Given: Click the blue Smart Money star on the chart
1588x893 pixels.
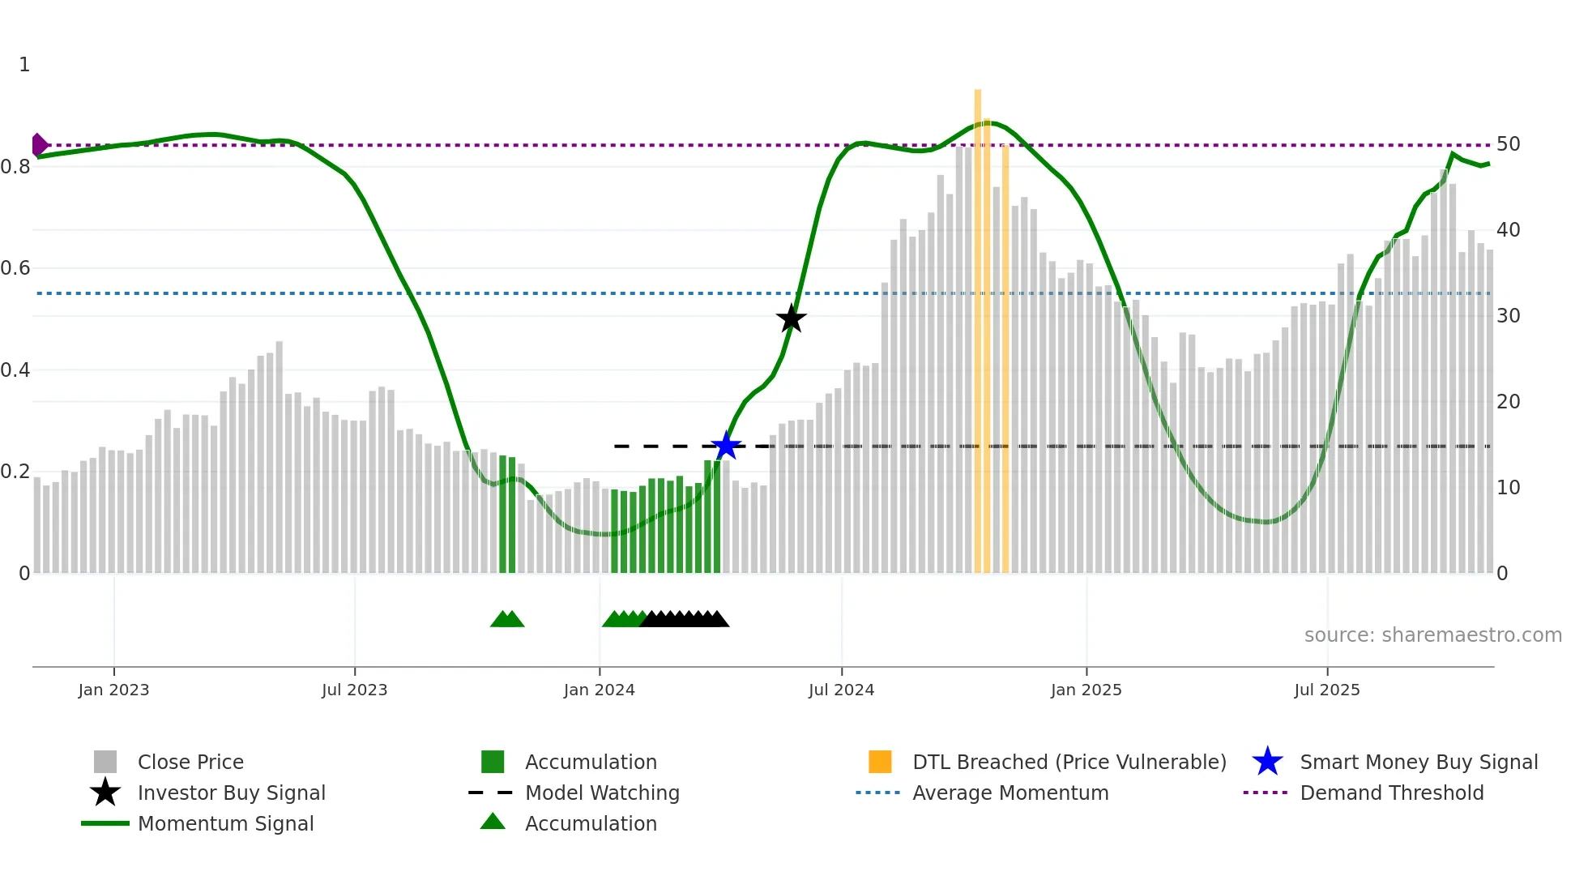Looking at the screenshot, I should click(x=726, y=446).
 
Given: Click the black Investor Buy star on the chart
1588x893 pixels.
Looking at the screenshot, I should click(x=791, y=318).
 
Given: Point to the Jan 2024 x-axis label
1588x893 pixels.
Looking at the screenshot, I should click(x=599, y=690).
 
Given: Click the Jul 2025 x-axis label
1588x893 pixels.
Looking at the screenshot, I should click(x=1326, y=690).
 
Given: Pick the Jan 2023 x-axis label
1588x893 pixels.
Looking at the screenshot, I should click(x=113, y=690).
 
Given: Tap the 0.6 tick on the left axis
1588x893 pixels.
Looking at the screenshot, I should click(x=16, y=268).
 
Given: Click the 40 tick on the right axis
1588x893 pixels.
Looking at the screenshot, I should click(x=1508, y=230).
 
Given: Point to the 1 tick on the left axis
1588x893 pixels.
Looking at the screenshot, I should click(x=24, y=65).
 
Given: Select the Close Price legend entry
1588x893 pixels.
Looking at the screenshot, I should click(x=190, y=762).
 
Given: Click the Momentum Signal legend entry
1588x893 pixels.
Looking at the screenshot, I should click(x=225, y=823).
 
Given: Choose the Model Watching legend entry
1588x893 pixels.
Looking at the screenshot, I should click(x=601, y=793).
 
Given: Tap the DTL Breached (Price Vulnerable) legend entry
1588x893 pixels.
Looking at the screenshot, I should click(x=1069, y=762).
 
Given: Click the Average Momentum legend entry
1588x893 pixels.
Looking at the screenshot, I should click(x=1010, y=793).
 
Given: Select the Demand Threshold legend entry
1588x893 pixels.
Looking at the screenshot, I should click(x=1391, y=793).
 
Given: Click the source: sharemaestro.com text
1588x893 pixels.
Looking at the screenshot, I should click(x=1432, y=634).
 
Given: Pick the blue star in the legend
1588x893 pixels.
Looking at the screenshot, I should click(x=1267, y=762).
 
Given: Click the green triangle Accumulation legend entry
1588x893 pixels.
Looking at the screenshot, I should click(x=590, y=823).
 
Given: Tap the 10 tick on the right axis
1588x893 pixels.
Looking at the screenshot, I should click(x=1508, y=488).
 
